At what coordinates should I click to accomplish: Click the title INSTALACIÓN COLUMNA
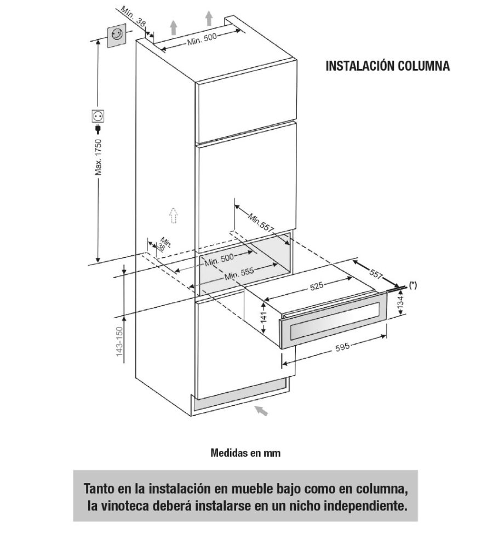(388, 66)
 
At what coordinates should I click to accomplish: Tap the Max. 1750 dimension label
(98, 157)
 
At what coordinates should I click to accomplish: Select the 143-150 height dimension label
(119, 342)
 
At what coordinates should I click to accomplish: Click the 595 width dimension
(342, 347)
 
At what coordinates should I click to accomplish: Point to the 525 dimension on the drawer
(317, 286)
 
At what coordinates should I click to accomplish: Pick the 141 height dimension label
(263, 318)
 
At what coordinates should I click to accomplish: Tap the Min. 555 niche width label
(239, 273)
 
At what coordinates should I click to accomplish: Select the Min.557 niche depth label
(260, 222)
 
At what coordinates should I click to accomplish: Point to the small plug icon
(98, 129)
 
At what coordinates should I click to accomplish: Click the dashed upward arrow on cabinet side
(174, 215)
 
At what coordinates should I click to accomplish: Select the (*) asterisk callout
(412, 285)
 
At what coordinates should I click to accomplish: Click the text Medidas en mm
(245, 452)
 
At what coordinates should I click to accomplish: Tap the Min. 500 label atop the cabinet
(202, 39)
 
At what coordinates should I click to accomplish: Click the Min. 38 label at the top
(133, 17)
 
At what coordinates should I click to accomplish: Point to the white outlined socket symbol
(98, 116)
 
